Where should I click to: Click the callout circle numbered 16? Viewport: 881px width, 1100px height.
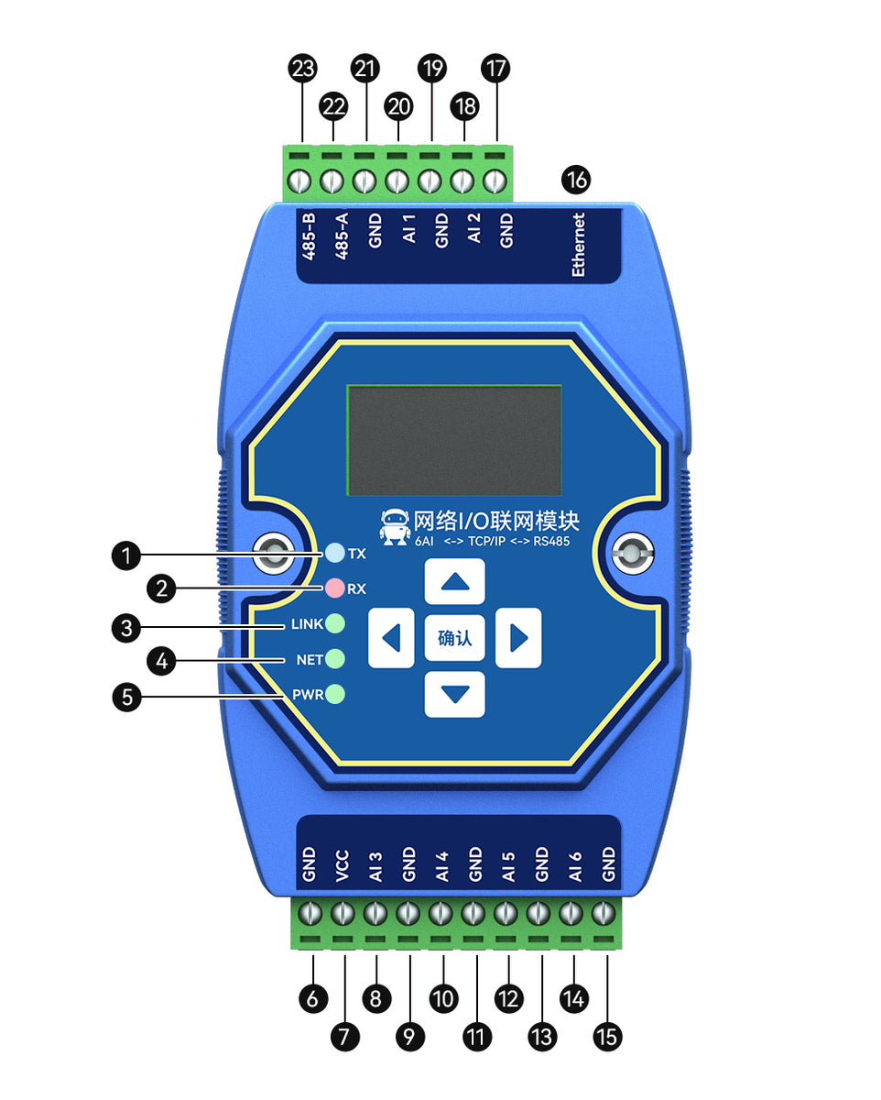[x=577, y=180]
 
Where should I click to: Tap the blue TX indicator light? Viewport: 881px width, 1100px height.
[x=335, y=553]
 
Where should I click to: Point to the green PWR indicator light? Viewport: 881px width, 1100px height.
[x=335, y=694]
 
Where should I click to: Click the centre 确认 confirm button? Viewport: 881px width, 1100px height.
[x=455, y=638]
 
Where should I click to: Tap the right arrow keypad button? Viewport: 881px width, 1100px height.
[x=518, y=638]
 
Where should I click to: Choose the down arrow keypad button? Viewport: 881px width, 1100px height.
[x=455, y=694]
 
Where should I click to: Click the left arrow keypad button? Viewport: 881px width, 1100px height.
[x=391, y=638]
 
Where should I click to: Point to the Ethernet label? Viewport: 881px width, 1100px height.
[x=578, y=245]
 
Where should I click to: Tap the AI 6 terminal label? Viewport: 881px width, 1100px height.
[x=575, y=865]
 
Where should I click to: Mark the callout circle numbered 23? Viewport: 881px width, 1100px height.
[x=302, y=68]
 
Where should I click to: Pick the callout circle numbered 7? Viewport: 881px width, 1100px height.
[x=344, y=1036]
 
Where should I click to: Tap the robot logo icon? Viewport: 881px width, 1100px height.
[x=396, y=526]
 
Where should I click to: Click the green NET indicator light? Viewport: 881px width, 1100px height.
[x=335, y=658]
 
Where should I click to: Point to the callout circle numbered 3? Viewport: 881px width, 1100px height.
[x=127, y=628]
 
